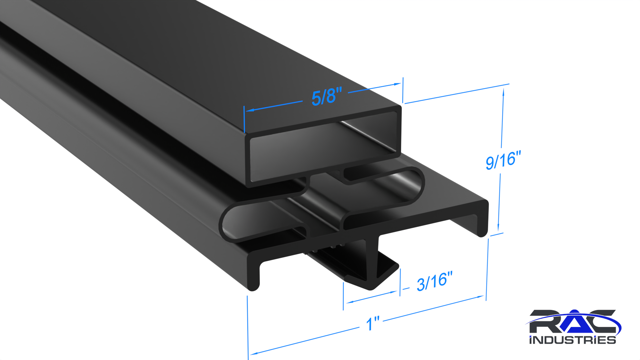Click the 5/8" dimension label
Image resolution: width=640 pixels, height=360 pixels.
(327, 96)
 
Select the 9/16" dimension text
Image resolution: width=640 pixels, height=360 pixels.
(503, 160)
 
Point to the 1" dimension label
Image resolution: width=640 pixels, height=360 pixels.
(373, 323)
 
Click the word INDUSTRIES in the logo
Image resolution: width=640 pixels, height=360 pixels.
(573, 340)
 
